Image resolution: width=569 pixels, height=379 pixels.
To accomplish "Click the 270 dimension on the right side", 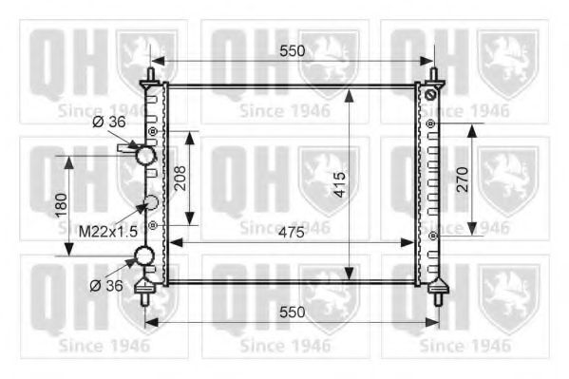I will (462, 178).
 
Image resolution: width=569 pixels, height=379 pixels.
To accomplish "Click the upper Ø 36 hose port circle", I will (145, 154).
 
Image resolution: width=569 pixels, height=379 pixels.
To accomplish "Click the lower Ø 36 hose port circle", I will (145, 256).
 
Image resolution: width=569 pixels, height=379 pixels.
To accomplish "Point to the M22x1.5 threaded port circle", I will (148, 202).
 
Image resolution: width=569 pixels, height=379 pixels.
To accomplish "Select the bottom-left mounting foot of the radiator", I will (146, 290).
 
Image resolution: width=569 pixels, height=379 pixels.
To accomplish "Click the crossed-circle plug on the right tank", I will (429, 96).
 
